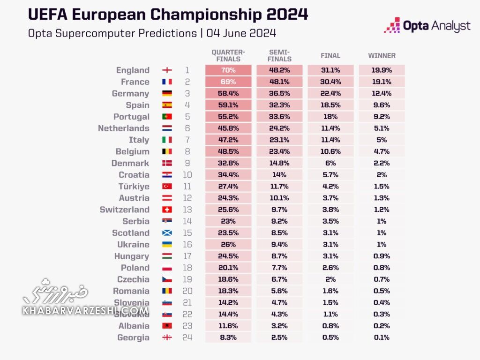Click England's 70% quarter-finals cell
click(228, 70)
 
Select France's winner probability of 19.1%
click(382, 82)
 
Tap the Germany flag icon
click(167, 94)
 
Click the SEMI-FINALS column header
click(280, 55)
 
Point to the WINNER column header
click(382, 55)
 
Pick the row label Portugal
click(131, 117)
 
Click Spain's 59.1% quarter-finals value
click(228, 105)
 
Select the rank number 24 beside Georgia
click(187, 337)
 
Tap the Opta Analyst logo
click(427, 25)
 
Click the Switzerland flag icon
click(167, 210)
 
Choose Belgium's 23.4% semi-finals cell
click(280, 151)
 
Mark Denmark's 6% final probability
click(330, 163)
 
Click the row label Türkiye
click(134, 187)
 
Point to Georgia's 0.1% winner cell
click(382, 337)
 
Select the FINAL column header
click(330, 55)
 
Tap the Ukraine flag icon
click(167, 245)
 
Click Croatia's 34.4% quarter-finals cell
click(228, 175)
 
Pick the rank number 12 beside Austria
click(187, 198)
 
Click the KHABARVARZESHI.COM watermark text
click(85, 310)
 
